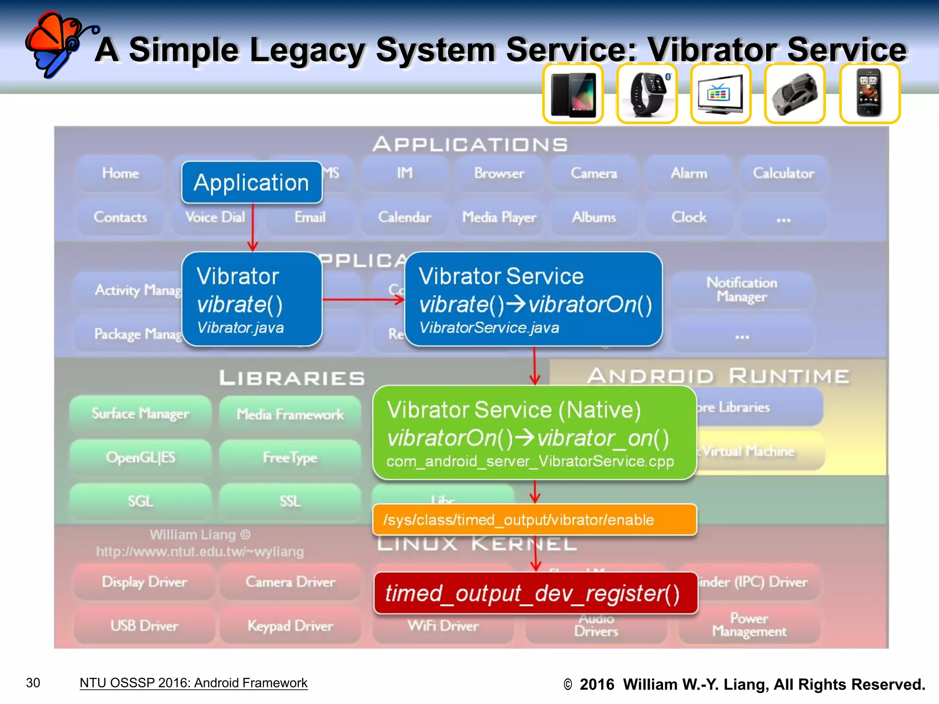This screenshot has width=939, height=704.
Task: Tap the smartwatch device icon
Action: coord(647,93)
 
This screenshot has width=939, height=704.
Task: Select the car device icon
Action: coord(795,93)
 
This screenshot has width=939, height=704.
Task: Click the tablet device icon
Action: coord(573,93)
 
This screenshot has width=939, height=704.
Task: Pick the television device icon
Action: coord(720,93)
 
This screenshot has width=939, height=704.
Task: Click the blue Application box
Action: coord(252,182)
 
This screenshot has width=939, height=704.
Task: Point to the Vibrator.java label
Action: coord(240,328)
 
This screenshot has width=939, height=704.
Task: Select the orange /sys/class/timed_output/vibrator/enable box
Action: coord(534,520)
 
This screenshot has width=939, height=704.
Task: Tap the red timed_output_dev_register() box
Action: coord(536,593)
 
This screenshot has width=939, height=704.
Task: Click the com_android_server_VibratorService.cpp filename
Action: coord(530,461)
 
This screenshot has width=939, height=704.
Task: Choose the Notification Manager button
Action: coord(741,290)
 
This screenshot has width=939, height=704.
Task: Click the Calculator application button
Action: coord(783,173)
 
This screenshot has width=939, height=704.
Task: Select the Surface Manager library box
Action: coord(140,413)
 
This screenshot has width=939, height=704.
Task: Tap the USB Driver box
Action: coord(144,626)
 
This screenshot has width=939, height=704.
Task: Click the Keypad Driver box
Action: coord(290,626)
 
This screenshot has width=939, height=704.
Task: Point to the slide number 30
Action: coord(33,683)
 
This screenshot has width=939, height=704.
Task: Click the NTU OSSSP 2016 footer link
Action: coord(193,683)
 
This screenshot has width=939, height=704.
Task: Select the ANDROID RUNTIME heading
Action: coord(718,376)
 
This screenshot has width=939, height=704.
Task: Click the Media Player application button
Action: coord(499,217)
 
